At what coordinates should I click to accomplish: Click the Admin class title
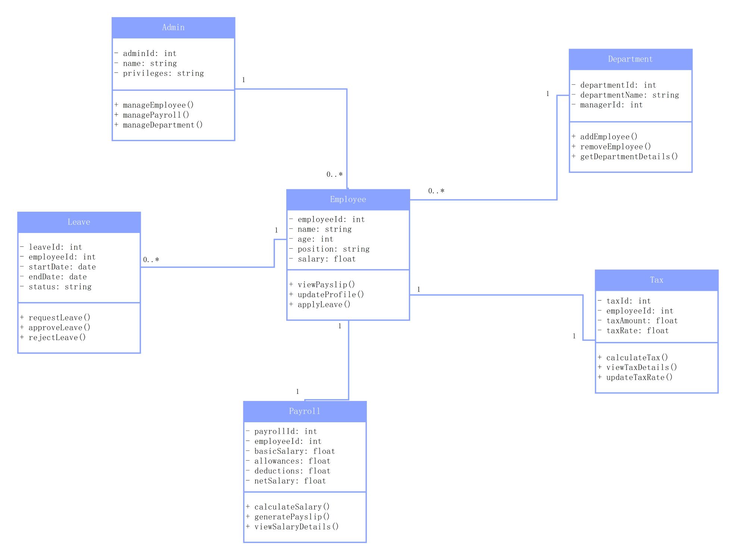tap(173, 27)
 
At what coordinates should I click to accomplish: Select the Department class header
tap(630, 59)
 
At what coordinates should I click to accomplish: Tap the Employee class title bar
tap(348, 199)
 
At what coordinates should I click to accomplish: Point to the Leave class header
tap(79, 222)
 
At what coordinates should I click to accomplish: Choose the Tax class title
tap(657, 280)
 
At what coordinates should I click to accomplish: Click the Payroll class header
tap(305, 411)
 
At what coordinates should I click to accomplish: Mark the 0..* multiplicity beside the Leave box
tap(151, 260)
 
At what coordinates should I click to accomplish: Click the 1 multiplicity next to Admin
tap(244, 80)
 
